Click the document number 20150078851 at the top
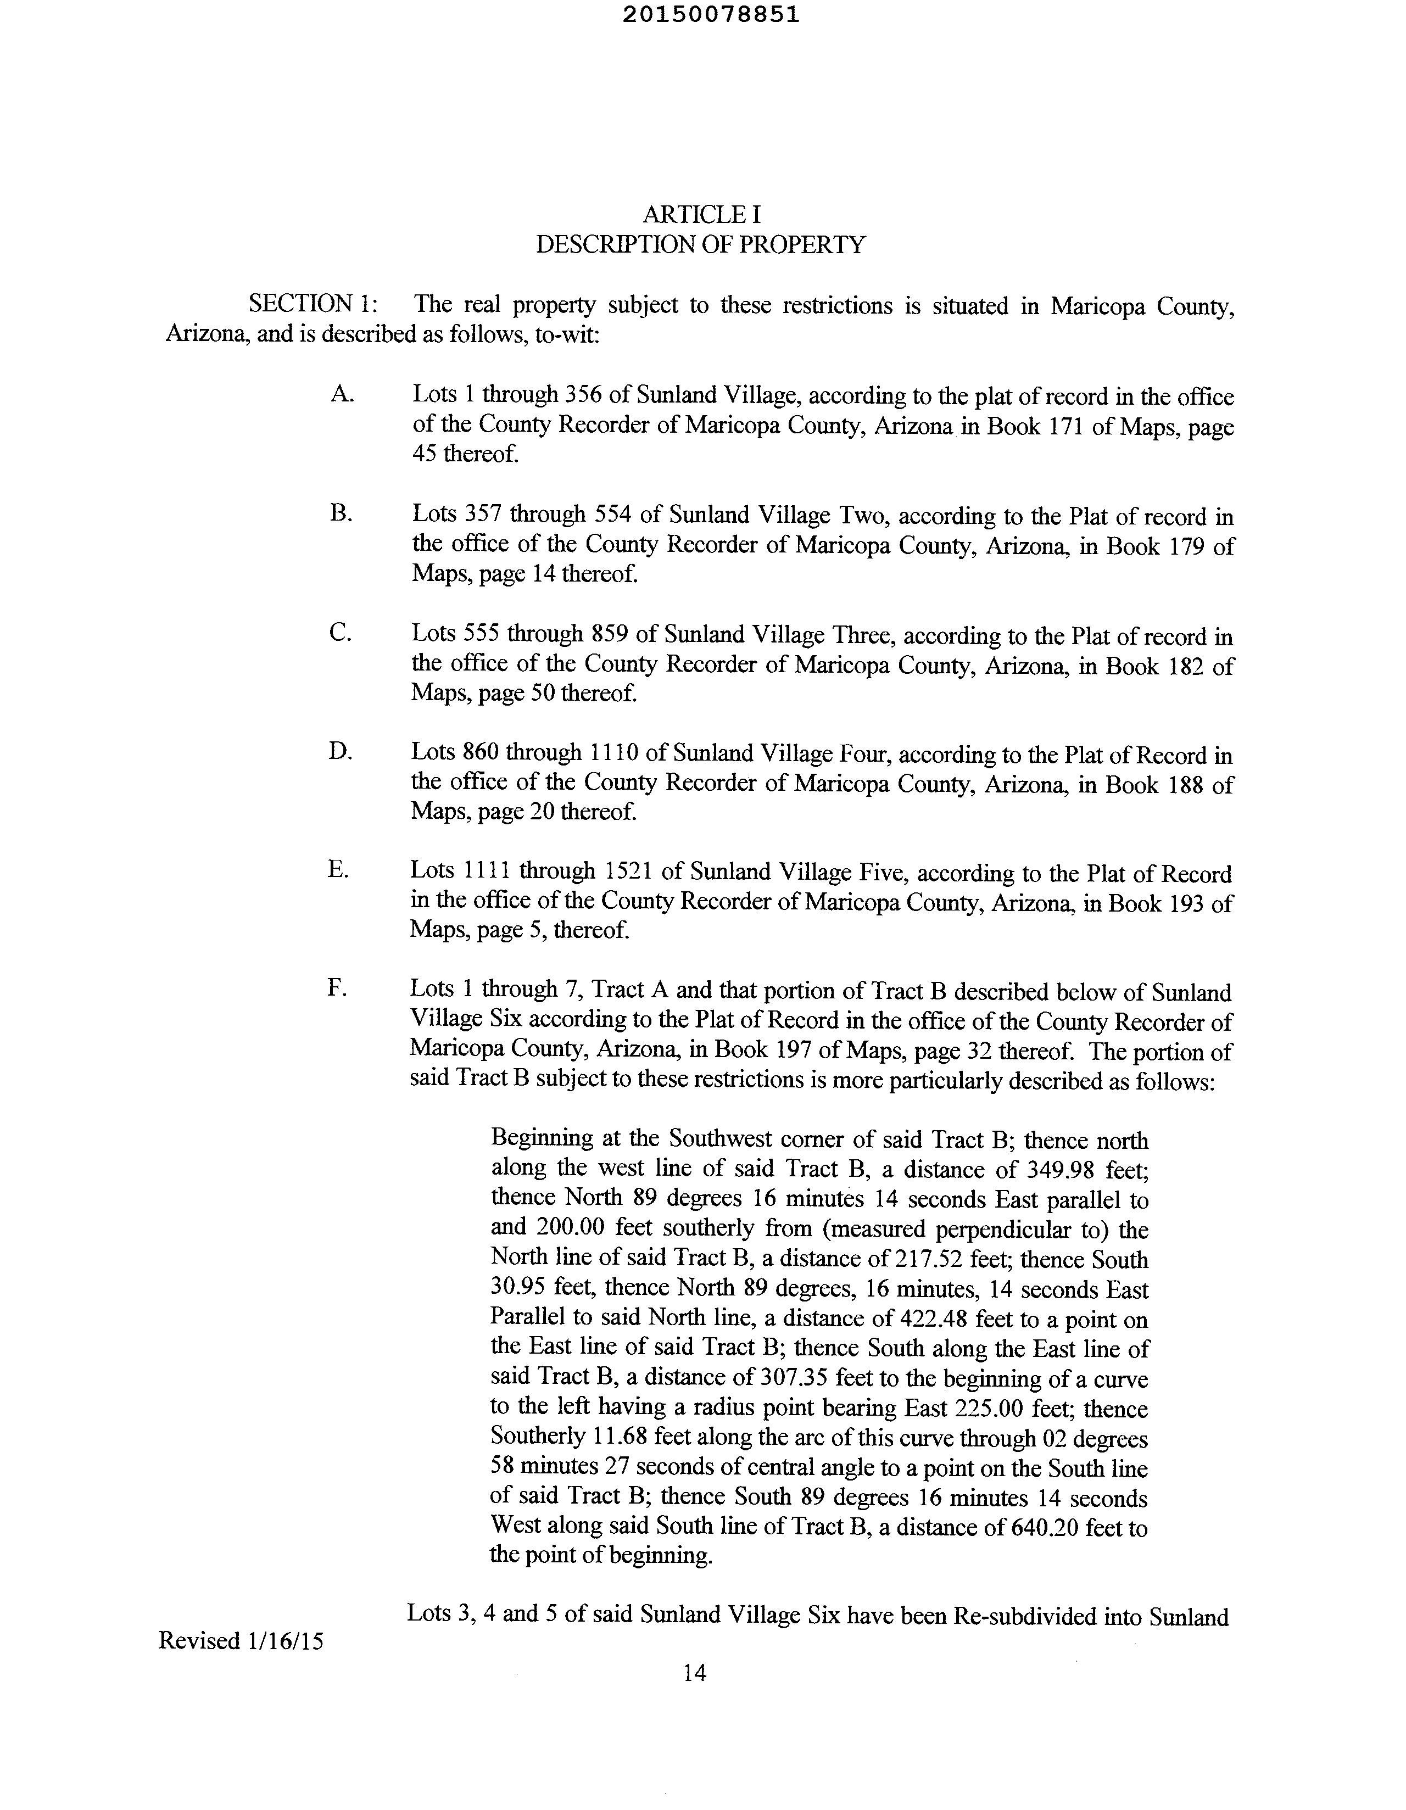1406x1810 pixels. tap(711, 15)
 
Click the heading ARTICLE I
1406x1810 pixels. tap(701, 215)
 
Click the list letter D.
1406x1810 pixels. tap(340, 752)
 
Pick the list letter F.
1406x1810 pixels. tap(337, 988)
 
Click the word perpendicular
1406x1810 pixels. tap(999, 1229)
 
